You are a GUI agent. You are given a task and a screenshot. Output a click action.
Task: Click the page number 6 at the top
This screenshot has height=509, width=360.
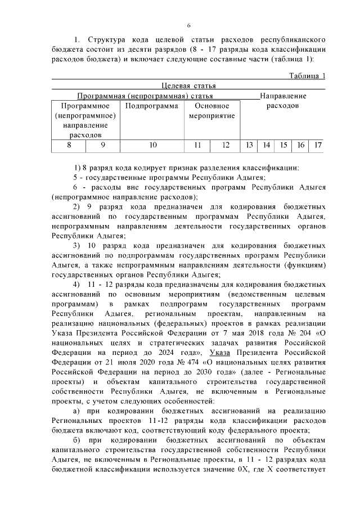(189, 26)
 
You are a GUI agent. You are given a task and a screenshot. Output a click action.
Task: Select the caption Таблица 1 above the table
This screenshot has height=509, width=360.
(307, 76)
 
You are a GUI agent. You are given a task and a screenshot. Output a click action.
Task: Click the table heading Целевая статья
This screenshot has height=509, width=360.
(188, 85)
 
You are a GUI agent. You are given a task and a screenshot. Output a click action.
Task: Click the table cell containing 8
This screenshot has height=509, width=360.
(69, 145)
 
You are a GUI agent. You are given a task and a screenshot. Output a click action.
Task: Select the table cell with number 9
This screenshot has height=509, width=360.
(103, 145)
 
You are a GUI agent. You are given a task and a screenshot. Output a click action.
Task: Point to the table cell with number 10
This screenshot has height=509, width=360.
(152, 145)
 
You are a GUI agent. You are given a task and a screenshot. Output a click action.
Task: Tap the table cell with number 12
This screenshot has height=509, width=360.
(226, 145)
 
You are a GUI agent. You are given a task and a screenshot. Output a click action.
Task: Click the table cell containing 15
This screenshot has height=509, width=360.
(283, 145)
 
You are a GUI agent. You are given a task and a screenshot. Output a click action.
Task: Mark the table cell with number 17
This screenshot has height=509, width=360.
(318, 145)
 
